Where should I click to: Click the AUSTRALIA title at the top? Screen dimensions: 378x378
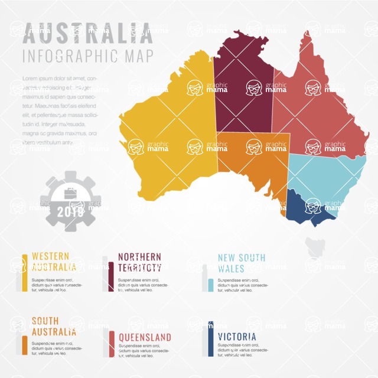point(87,33)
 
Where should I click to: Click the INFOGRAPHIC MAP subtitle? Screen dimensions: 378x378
point(87,57)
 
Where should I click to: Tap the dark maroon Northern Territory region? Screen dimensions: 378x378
point(242,89)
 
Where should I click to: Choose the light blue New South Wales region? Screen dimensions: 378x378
point(325,177)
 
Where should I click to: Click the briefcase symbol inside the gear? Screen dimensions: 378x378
point(70,192)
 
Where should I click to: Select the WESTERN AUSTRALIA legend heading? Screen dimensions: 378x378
point(54,262)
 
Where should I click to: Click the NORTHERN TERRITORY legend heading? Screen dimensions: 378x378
point(139,262)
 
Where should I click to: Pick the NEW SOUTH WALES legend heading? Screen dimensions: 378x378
point(241,263)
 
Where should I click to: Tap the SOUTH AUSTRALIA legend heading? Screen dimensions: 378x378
point(54,326)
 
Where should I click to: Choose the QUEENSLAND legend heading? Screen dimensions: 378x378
point(145,337)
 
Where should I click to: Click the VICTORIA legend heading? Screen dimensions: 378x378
point(237,337)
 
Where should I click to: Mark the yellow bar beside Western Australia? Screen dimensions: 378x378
point(24,273)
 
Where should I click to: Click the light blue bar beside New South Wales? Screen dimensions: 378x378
point(210,286)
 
